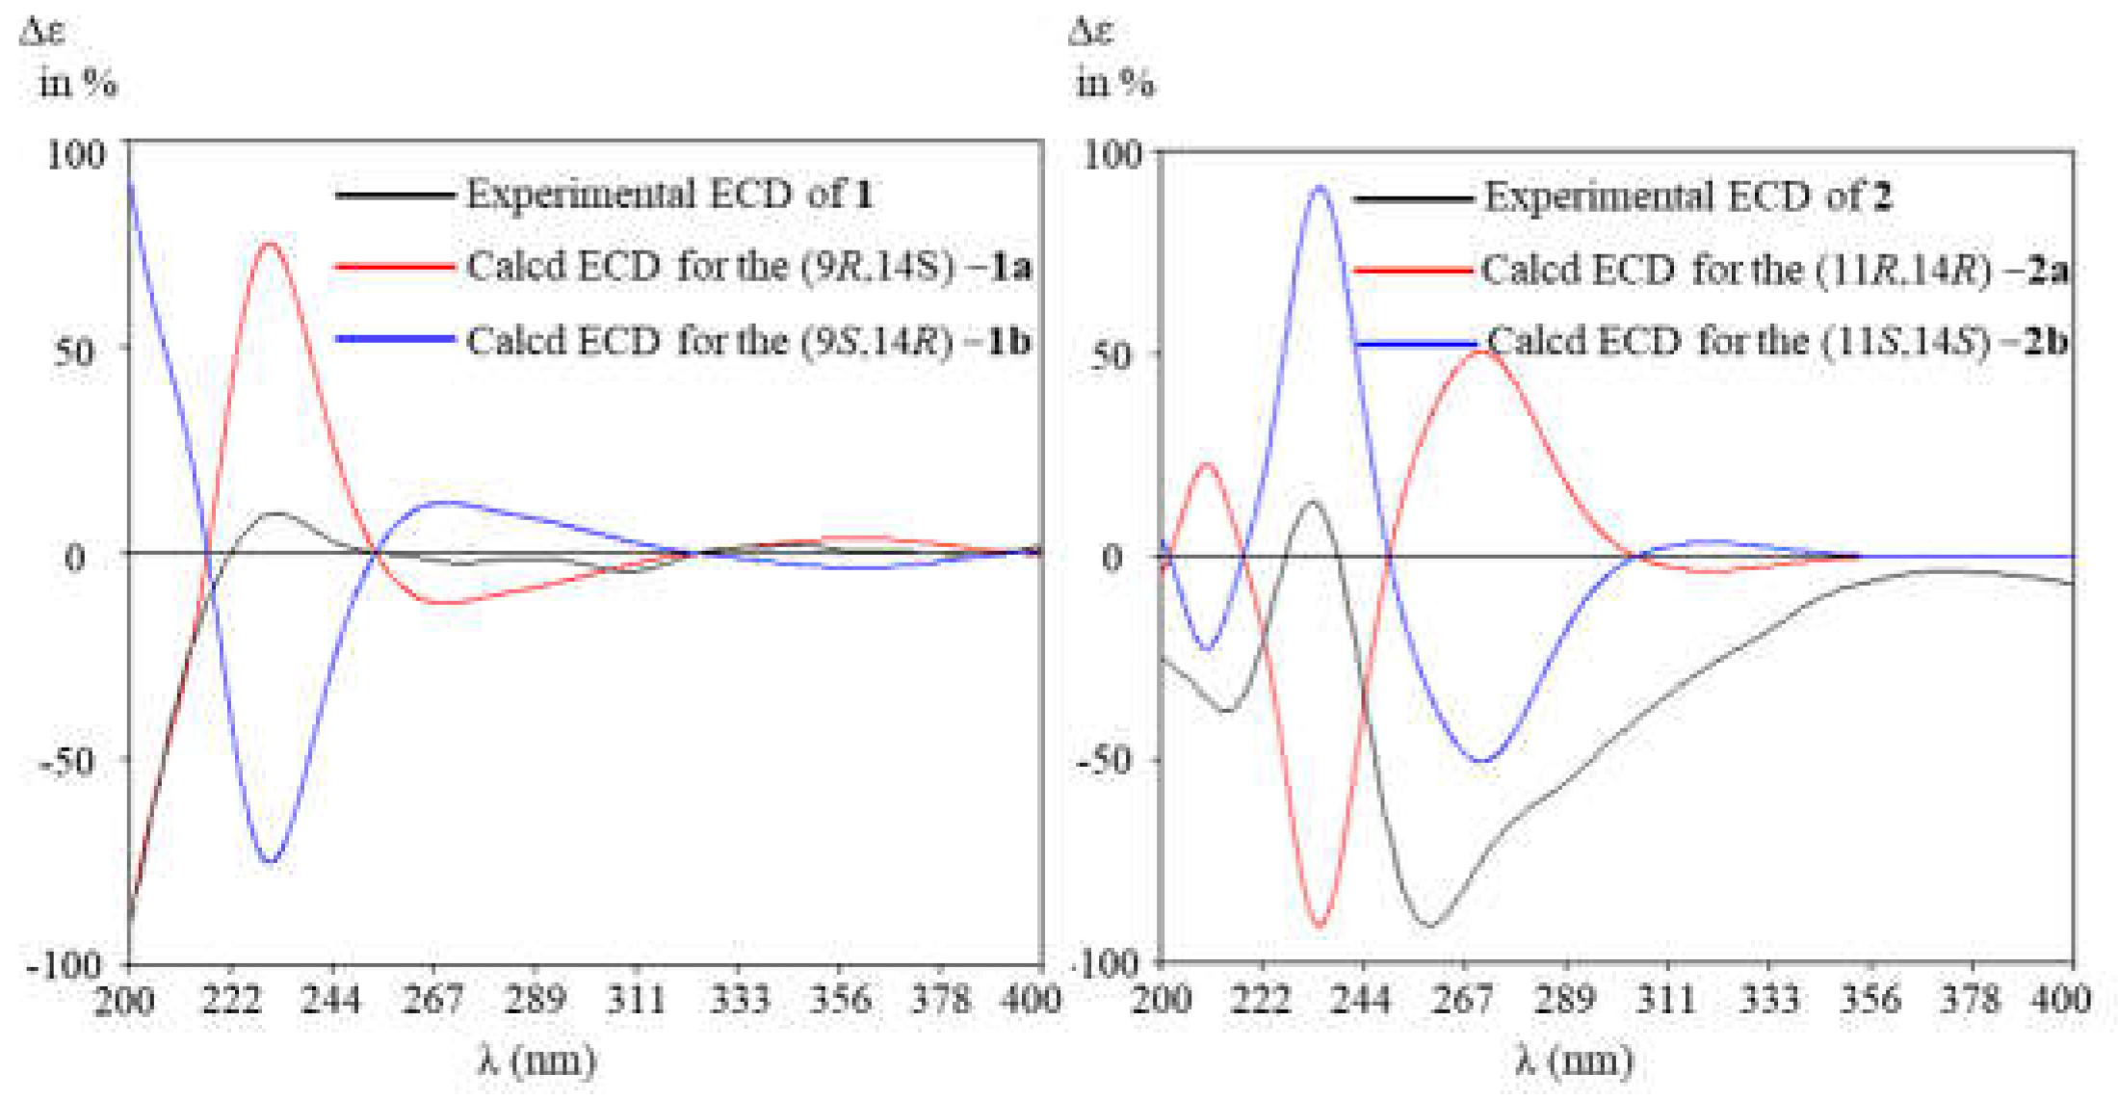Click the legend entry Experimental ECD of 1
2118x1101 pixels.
(x=669, y=195)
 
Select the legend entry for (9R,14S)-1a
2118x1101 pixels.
(x=747, y=266)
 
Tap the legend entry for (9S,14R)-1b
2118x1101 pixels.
(x=747, y=341)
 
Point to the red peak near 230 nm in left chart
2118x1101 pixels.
(x=270, y=243)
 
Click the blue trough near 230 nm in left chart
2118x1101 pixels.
(x=271, y=861)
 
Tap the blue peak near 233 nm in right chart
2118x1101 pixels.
(x=1320, y=187)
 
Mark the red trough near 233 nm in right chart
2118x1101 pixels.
(x=1320, y=928)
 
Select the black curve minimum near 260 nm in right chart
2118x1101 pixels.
(x=1431, y=926)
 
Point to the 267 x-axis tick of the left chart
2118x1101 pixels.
(x=432, y=1000)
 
